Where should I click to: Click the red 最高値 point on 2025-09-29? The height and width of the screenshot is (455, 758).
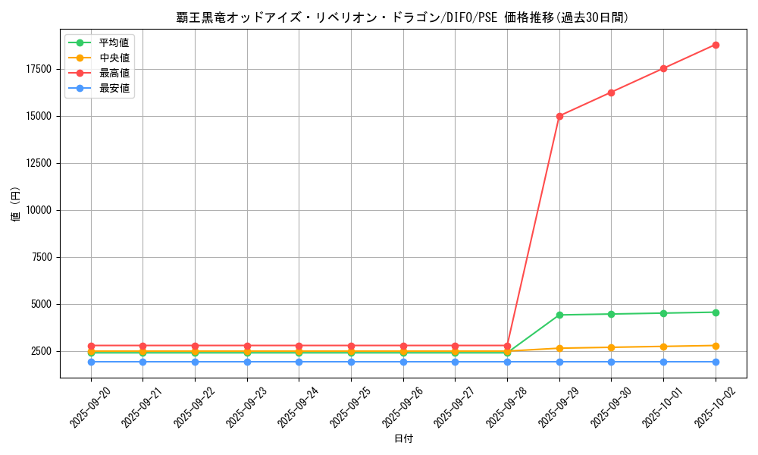pyautogui.click(x=559, y=116)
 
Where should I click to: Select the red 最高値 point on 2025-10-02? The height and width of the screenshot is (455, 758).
pyautogui.click(x=716, y=45)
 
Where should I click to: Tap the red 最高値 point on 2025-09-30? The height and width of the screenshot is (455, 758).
pyautogui.click(x=611, y=93)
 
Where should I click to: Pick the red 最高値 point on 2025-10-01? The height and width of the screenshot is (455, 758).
pyautogui.click(x=663, y=68)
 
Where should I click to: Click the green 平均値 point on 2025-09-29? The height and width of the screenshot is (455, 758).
pyautogui.click(x=559, y=315)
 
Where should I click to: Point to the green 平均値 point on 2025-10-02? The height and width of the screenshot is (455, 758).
pyautogui.click(x=716, y=312)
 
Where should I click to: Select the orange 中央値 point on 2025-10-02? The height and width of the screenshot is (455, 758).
pyautogui.click(x=716, y=346)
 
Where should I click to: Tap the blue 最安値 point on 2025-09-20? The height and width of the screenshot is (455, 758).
pyautogui.click(x=91, y=362)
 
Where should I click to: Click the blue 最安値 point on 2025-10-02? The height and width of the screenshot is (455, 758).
pyautogui.click(x=716, y=362)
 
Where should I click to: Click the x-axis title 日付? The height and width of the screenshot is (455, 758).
pyautogui.click(x=403, y=438)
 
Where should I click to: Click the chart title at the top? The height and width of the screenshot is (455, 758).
pyautogui.click(x=402, y=17)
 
